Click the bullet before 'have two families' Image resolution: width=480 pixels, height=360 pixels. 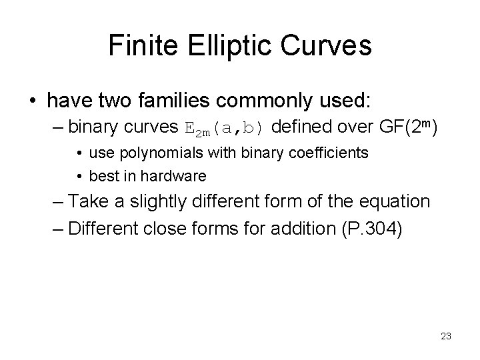click(x=33, y=101)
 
